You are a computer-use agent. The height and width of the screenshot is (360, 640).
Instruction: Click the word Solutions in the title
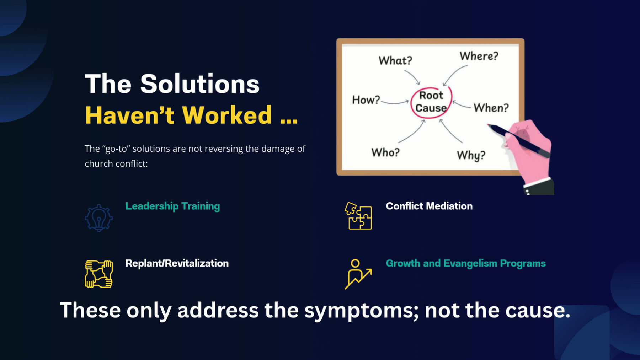(199, 84)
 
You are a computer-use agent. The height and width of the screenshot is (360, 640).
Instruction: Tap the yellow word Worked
(226, 115)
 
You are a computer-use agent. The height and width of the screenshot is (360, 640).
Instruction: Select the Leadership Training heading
(172, 206)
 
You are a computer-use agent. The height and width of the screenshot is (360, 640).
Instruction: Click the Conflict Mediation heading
(429, 206)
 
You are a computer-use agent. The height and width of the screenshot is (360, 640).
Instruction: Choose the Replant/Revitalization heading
(177, 263)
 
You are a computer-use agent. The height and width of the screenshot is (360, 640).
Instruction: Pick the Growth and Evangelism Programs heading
(465, 263)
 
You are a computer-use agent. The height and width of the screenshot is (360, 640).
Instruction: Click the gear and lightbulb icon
(99, 218)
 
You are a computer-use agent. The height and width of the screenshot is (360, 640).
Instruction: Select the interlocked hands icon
(99, 274)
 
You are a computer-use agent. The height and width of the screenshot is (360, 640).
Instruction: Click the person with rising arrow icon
(358, 274)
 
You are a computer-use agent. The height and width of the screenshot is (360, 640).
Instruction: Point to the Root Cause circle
(431, 102)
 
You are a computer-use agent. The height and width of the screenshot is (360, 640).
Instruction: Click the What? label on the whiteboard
(395, 61)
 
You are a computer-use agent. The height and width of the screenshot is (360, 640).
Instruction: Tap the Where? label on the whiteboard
(479, 56)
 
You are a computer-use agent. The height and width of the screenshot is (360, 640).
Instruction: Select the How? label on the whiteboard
(366, 100)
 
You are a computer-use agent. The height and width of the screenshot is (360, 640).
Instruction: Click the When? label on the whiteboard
(491, 108)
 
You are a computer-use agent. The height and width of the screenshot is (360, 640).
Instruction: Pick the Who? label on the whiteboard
(385, 152)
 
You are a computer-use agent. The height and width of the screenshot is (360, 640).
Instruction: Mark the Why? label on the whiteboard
(471, 155)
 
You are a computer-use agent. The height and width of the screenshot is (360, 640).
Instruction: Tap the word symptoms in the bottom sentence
(361, 311)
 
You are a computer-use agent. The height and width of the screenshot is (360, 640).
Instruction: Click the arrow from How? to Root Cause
(395, 103)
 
